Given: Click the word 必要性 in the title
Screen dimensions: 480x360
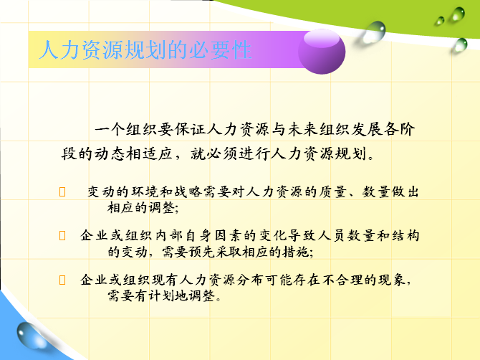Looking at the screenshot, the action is click(x=221, y=49).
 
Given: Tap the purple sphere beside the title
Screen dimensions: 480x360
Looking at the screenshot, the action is click(x=322, y=52).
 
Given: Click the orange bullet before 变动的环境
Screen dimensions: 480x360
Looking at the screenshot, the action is click(x=62, y=191).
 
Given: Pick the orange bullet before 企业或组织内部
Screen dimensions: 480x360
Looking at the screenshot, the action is click(x=62, y=236).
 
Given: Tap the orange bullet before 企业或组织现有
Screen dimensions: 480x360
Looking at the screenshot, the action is click(x=62, y=280).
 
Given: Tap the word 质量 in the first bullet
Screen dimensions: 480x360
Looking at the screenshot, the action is click(x=332, y=191).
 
